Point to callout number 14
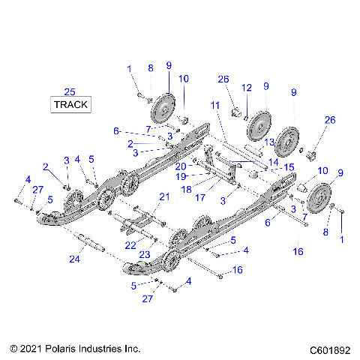click(273, 161)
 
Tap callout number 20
click(181, 166)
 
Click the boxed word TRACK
click(70, 105)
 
